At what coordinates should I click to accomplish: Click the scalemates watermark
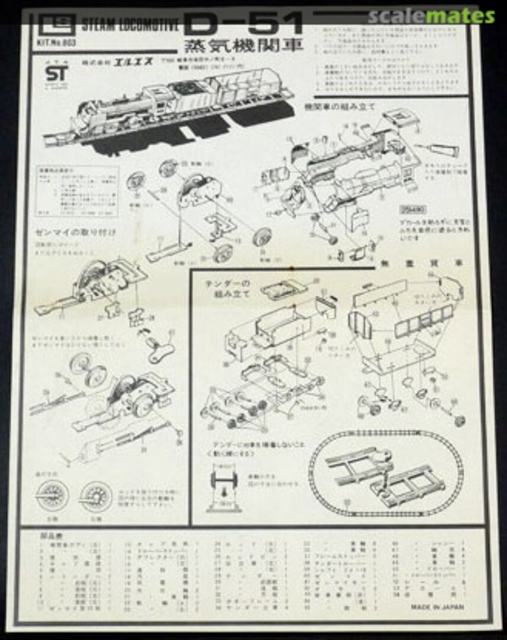point(431,15)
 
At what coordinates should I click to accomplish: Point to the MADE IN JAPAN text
point(437,607)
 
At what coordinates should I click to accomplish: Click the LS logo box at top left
point(52,25)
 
